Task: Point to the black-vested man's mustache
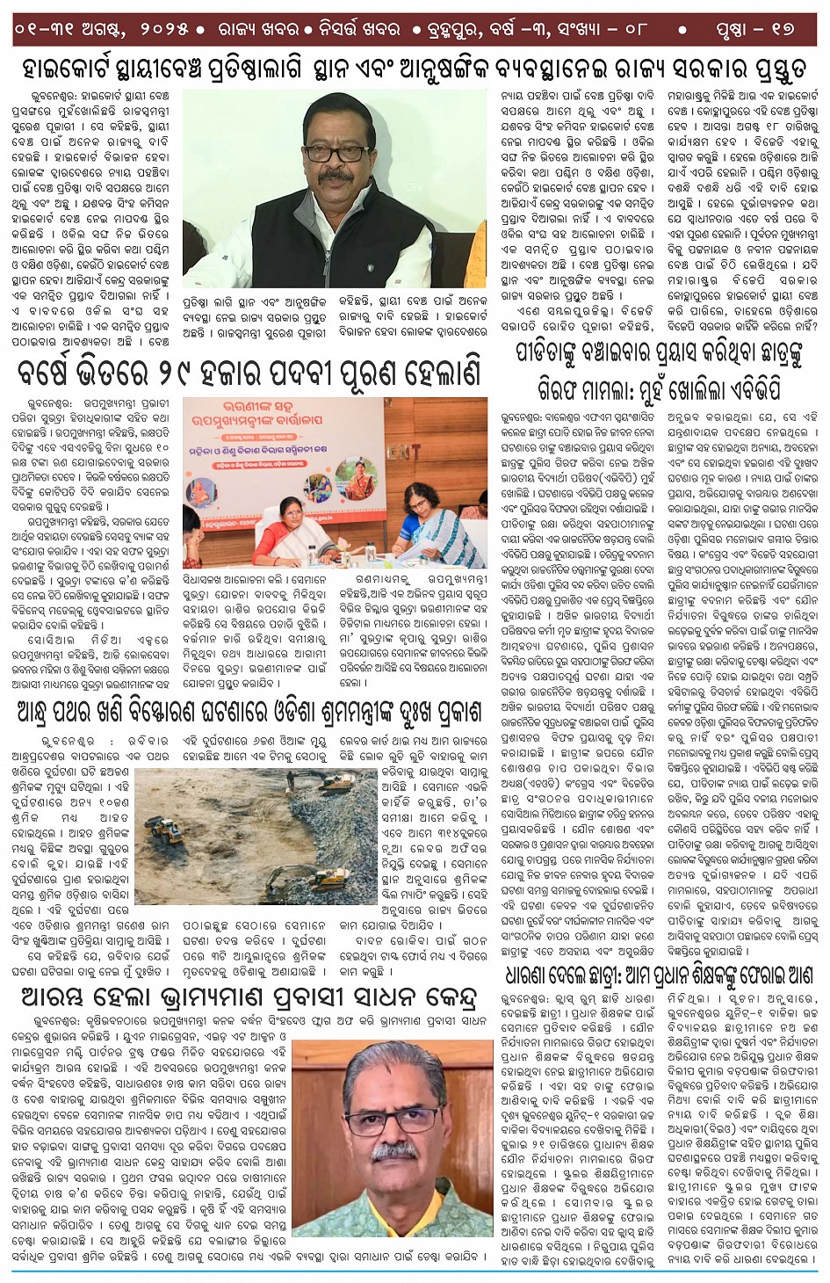point(335,177)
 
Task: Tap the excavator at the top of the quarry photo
point(335,780)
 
